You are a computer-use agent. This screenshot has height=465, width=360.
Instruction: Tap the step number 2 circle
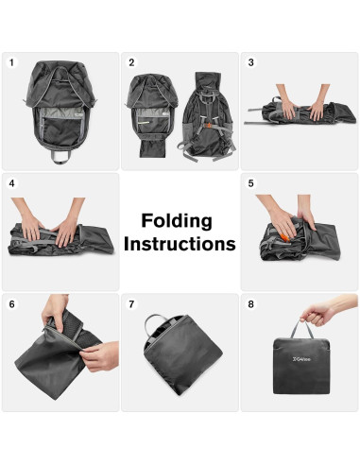(x=131, y=62)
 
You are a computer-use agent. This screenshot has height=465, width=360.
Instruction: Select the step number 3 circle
(x=251, y=62)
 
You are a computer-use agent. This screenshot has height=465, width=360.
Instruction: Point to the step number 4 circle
(x=12, y=183)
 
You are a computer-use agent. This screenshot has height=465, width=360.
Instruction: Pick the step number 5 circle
(x=251, y=183)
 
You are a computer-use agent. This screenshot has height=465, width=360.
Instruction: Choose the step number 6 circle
(x=12, y=304)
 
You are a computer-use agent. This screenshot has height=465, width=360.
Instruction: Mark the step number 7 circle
(x=131, y=304)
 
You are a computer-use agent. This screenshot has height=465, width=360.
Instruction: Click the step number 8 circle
(x=251, y=304)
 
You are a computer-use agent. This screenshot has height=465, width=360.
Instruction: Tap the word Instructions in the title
(x=180, y=244)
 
